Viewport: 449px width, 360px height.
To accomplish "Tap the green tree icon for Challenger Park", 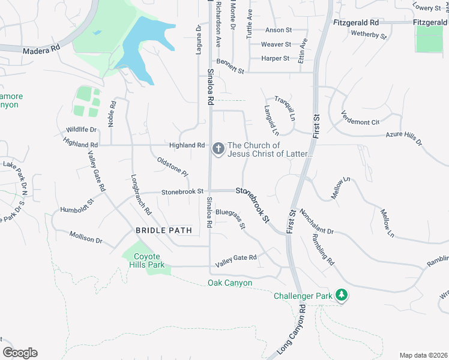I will pyautogui.click(x=342, y=295).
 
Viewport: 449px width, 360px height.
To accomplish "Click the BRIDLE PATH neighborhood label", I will pyautogui.click(x=163, y=230).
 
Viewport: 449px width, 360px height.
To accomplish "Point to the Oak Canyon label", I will pyautogui.click(x=230, y=283).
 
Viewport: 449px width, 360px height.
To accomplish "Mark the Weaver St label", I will pyautogui.click(x=276, y=44).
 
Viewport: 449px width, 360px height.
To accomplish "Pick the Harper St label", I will pyautogui.click(x=276, y=59).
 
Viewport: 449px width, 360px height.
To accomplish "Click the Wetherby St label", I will pyautogui.click(x=369, y=35).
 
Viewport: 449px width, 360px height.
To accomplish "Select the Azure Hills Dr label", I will pyautogui.click(x=404, y=139).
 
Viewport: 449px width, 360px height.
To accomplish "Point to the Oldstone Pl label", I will pyautogui.click(x=173, y=166).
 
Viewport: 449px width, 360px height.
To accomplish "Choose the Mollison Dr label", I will pyautogui.click(x=86, y=238).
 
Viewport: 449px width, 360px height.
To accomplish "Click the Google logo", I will pyautogui.click(x=20, y=353).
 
